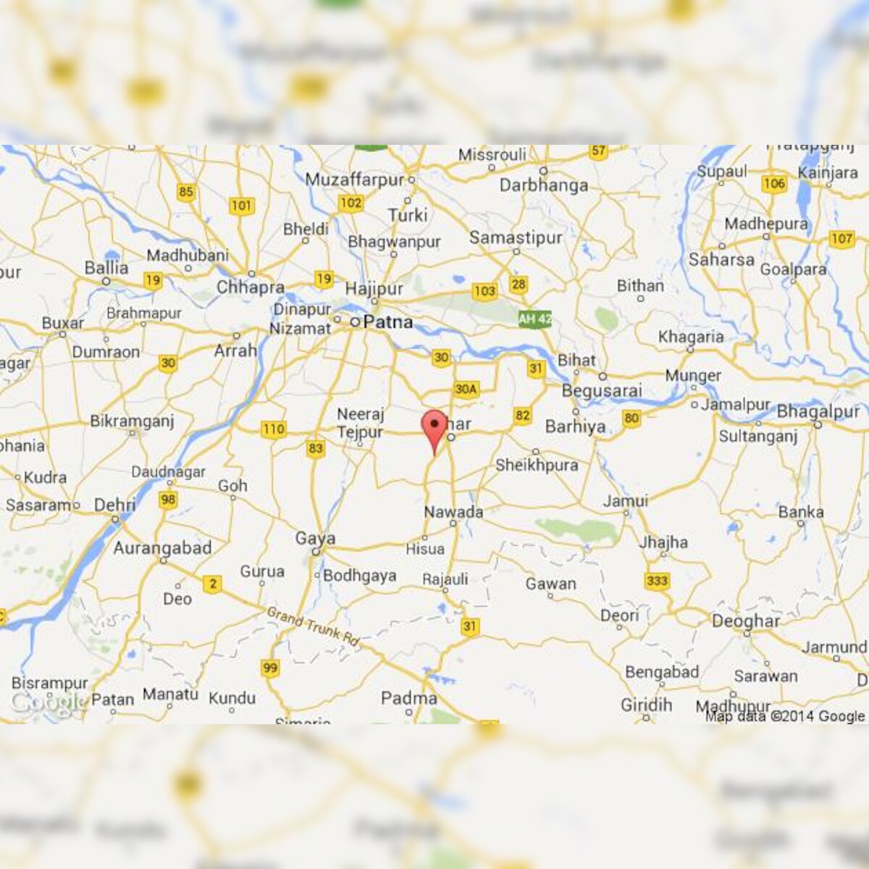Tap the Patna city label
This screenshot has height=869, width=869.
387,322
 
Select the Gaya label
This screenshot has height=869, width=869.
315,539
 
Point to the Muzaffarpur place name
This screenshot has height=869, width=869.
354,180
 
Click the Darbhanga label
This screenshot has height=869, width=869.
544,185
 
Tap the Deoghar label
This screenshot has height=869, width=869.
746,621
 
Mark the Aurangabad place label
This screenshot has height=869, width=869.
162,548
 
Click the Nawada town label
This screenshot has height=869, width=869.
453,512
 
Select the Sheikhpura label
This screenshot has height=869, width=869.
537,466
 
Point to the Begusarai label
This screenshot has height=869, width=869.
602,391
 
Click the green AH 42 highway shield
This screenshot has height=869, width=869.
535,319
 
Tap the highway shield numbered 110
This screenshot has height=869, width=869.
273,429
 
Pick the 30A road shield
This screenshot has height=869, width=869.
466,390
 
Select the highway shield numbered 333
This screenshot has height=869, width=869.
657,581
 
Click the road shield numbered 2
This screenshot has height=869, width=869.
212,584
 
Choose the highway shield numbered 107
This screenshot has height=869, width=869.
841,239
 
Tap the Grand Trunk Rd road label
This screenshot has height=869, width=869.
313,626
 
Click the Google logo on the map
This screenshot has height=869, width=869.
48,702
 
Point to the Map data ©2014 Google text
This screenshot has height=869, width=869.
785,716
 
